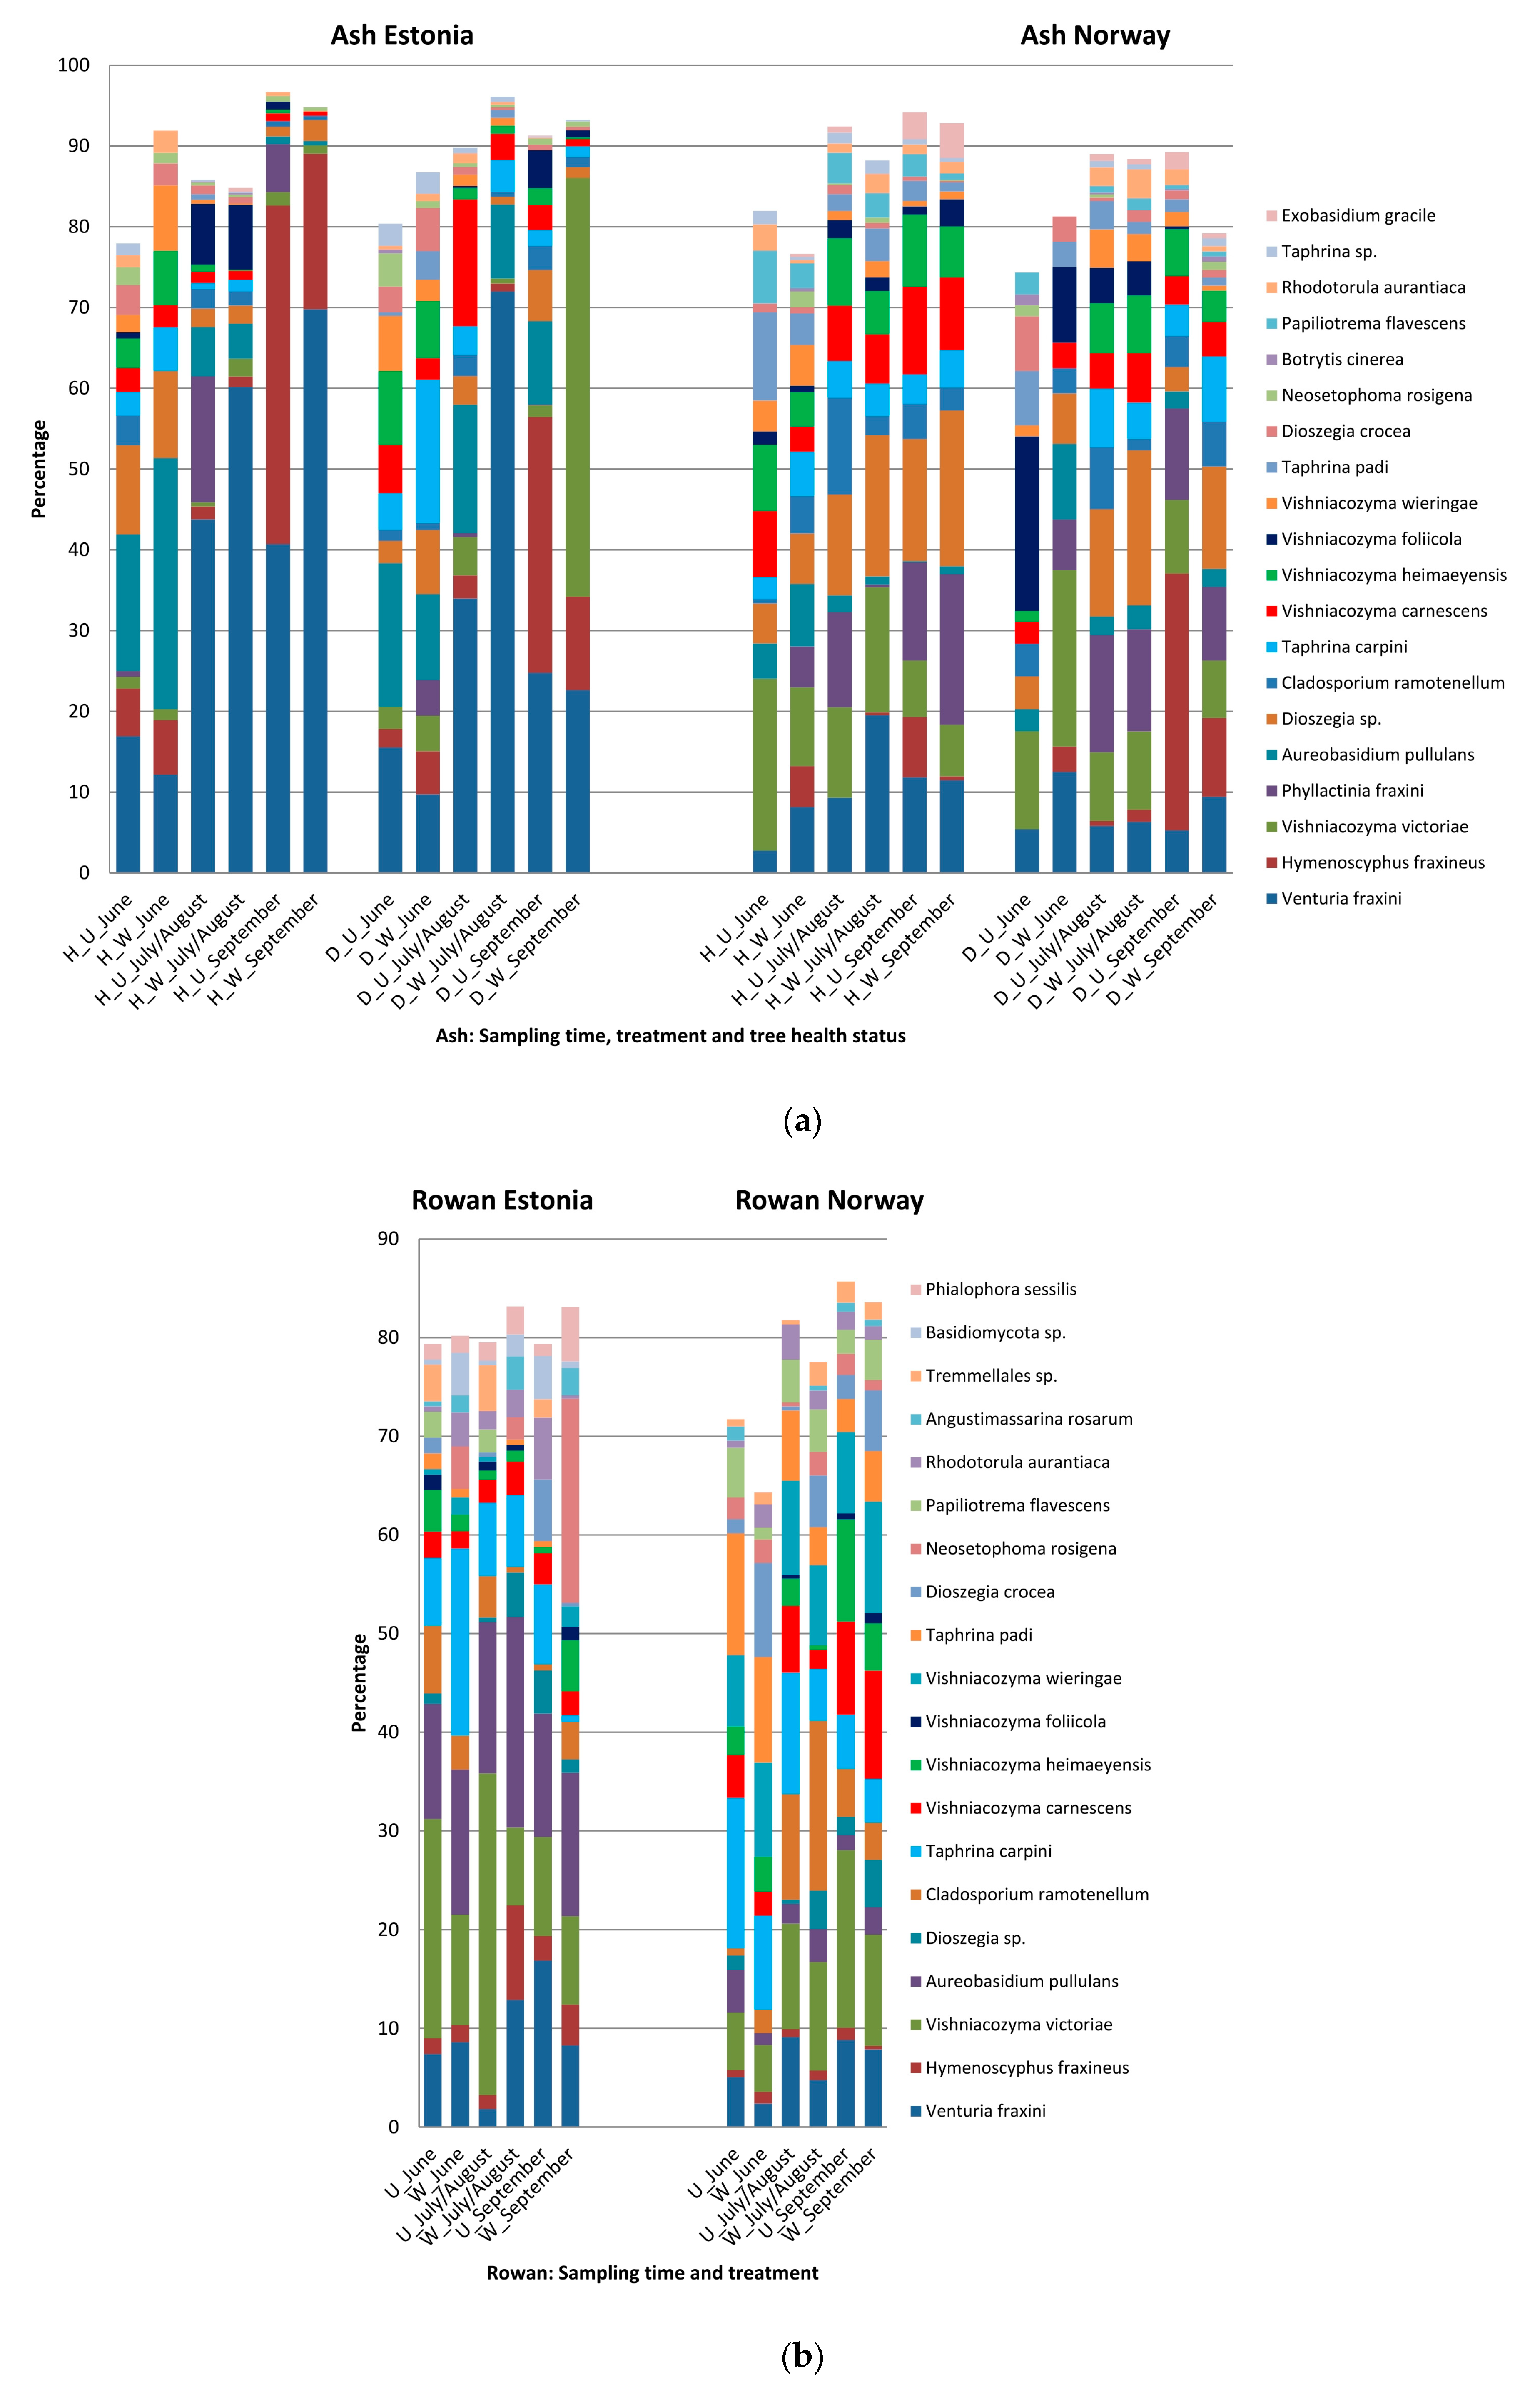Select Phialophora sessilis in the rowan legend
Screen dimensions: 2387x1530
pos(1000,1289)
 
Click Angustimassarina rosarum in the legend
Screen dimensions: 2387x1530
pos(1028,1419)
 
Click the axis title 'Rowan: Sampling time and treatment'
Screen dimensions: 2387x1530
pos(652,2273)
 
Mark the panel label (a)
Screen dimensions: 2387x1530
pos(802,1121)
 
